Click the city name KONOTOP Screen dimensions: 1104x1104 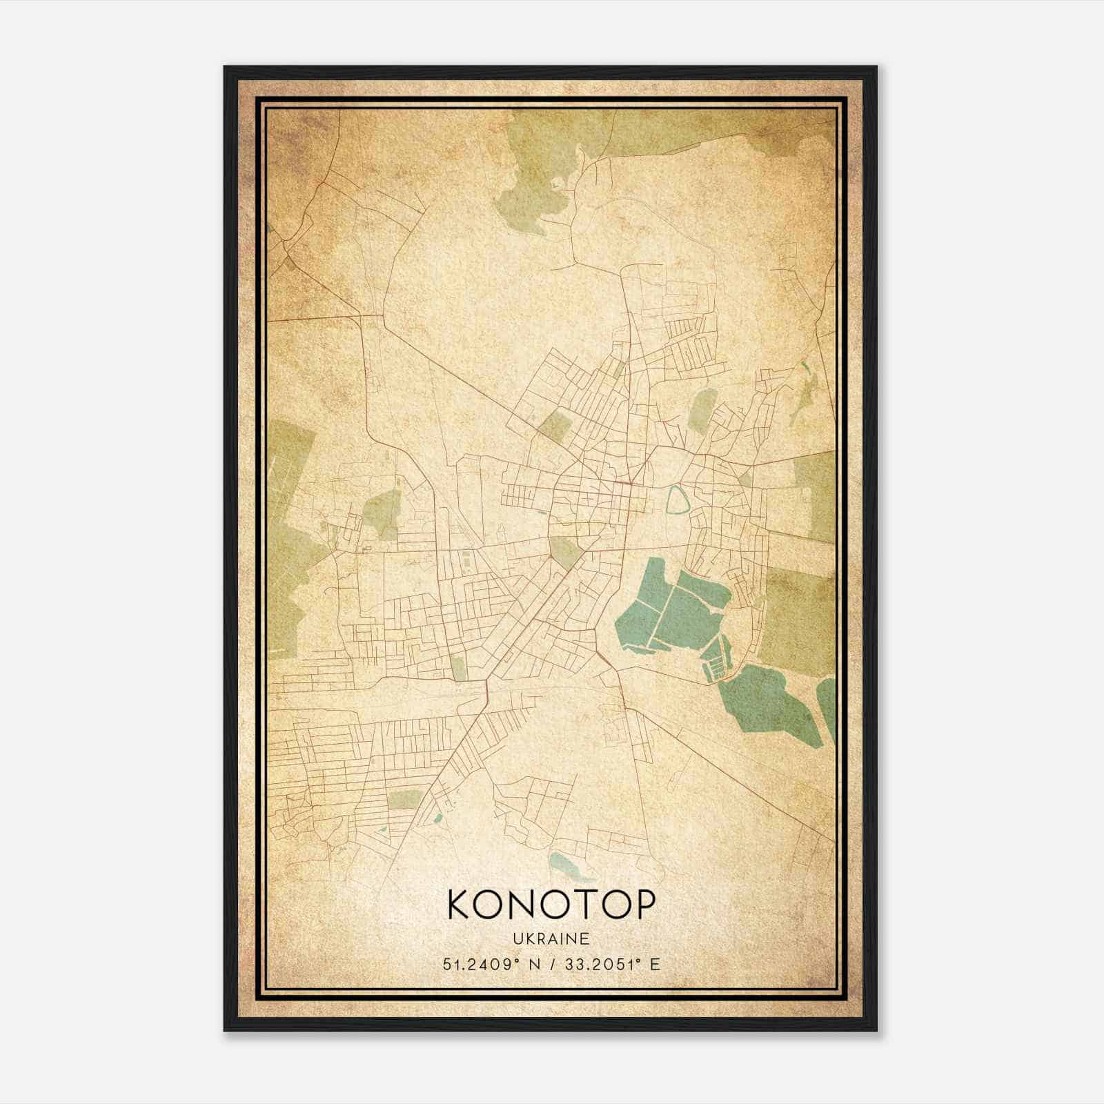[x=550, y=905]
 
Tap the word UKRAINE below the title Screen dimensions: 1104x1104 [x=551, y=939]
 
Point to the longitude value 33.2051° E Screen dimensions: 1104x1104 [x=611, y=964]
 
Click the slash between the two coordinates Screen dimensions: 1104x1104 [x=552, y=964]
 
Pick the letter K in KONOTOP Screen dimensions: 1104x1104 [x=461, y=905]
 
